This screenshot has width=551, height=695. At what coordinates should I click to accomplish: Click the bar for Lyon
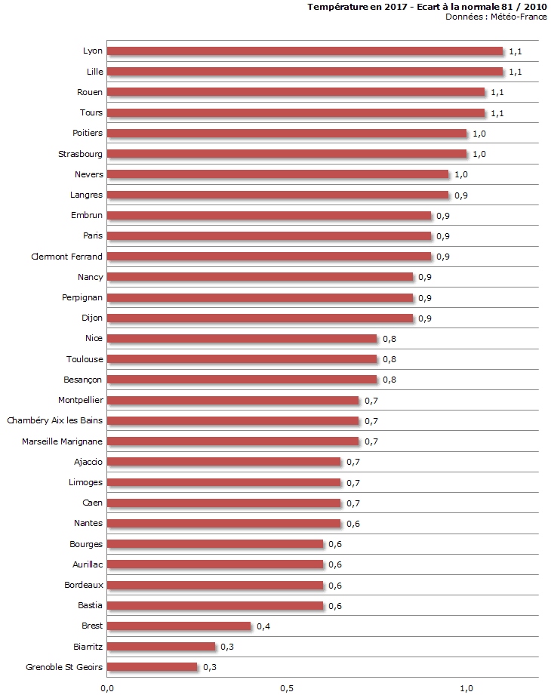click(x=305, y=51)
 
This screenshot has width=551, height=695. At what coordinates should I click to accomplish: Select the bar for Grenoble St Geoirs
click(x=152, y=667)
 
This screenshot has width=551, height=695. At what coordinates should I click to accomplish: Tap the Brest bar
click(x=179, y=626)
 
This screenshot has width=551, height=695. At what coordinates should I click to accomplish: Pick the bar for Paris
click(x=269, y=236)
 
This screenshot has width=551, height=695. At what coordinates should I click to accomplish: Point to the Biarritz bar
click(x=162, y=646)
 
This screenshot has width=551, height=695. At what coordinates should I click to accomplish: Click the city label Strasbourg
click(x=81, y=154)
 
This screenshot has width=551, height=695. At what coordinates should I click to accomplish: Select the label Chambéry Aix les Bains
click(x=55, y=420)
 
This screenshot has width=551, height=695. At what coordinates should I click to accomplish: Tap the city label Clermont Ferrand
click(x=67, y=257)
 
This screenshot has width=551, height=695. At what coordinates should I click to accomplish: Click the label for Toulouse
click(x=84, y=359)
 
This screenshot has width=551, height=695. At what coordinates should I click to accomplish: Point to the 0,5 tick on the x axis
click(x=287, y=688)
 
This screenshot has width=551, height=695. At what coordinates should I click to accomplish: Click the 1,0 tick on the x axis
click(x=466, y=688)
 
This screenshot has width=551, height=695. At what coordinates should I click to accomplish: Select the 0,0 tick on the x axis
click(x=107, y=688)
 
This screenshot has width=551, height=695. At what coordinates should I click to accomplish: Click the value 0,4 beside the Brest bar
click(x=263, y=626)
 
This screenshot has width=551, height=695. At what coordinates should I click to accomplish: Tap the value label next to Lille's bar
click(x=516, y=72)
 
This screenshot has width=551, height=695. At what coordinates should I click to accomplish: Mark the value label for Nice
click(x=389, y=339)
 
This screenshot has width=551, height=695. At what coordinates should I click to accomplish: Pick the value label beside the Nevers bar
click(x=461, y=175)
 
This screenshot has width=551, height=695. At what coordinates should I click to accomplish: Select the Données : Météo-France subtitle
click(x=496, y=17)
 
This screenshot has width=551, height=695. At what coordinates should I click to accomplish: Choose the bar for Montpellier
click(x=233, y=400)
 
